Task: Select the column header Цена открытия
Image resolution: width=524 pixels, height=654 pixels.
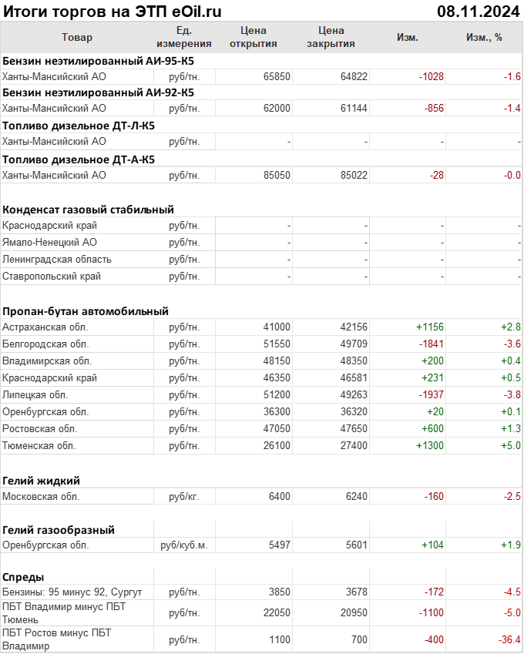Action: [x=254, y=37]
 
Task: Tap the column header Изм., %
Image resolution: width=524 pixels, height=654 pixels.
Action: [x=484, y=37]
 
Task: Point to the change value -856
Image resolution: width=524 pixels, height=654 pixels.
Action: [x=433, y=109]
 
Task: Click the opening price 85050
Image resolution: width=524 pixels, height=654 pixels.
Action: [x=277, y=175]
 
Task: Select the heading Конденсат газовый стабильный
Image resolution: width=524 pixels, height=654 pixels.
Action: [x=88, y=209]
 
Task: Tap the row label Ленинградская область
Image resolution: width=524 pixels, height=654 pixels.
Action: [x=57, y=259]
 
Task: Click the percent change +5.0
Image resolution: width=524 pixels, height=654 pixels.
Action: [x=511, y=445]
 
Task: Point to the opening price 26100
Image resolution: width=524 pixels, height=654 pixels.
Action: [x=277, y=445]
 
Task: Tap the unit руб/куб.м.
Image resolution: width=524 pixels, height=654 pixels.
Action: [x=184, y=545]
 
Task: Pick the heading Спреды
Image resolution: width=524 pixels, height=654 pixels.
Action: [x=23, y=577]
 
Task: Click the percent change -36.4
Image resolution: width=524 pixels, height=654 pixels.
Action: [x=508, y=640]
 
